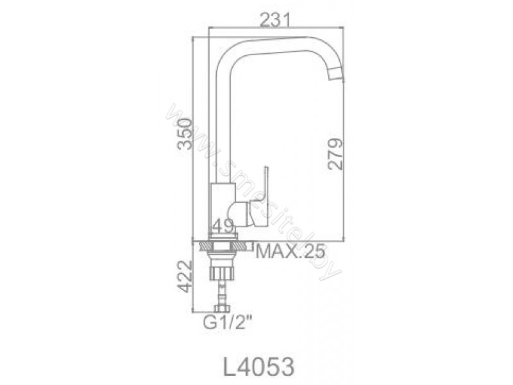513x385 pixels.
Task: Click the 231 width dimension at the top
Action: pyautogui.click(x=275, y=21)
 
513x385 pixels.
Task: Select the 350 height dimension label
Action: pyautogui.click(x=185, y=134)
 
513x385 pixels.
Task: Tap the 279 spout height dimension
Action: pyautogui.click(x=335, y=154)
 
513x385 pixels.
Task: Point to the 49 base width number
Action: pyautogui.click(x=223, y=225)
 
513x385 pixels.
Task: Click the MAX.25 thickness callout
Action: pyautogui.click(x=290, y=252)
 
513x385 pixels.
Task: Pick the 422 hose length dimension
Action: pyautogui.click(x=185, y=277)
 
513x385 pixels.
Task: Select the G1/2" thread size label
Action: pyautogui.click(x=228, y=323)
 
